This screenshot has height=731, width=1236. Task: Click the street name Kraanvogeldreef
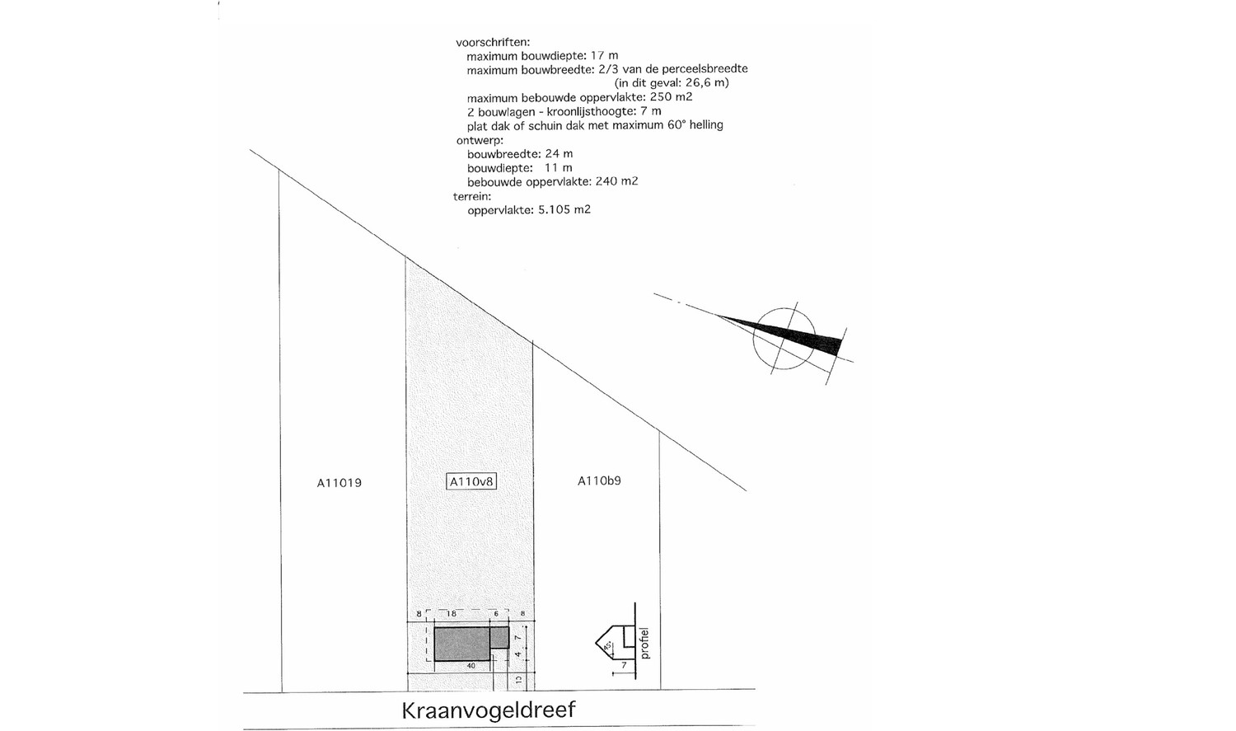pyautogui.click(x=489, y=711)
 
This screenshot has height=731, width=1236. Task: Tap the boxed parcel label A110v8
pyautogui.click(x=471, y=481)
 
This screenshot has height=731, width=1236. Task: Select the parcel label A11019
pyautogui.click(x=339, y=483)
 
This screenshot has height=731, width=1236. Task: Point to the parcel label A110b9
pyautogui.click(x=599, y=480)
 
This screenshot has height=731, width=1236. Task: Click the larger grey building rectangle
pyautogui.click(x=462, y=644)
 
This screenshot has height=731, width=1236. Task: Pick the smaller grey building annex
pyautogui.click(x=499, y=637)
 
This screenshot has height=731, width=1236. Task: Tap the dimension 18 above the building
pyautogui.click(x=452, y=613)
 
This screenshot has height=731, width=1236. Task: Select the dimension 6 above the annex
pyautogui.click(x=496, y=613)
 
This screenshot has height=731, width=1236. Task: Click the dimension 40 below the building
pyautogui.click(x=471, y=666)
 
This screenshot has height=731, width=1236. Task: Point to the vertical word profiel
pyautogui.click(x=644, y=644)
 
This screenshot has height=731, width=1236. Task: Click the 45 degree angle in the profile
pyautogui.click(x=607, y=646)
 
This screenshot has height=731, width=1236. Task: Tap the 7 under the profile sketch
pyautogui.click(x=624, y=665)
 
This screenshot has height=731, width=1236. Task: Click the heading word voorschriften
pyautogui.click(x=493, y=42)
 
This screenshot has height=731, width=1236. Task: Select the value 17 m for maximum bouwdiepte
pyautogui.click(x=604, y=56)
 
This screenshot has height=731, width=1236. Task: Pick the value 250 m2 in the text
pyautogui.click(x=672, y=97)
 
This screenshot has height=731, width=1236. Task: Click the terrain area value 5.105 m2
pyautogui.click(x=564, y=209)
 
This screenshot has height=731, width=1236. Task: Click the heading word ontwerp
pyautogui.click(x=480, y=140)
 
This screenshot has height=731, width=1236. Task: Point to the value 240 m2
pyautogui.click(x=616, y=181)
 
